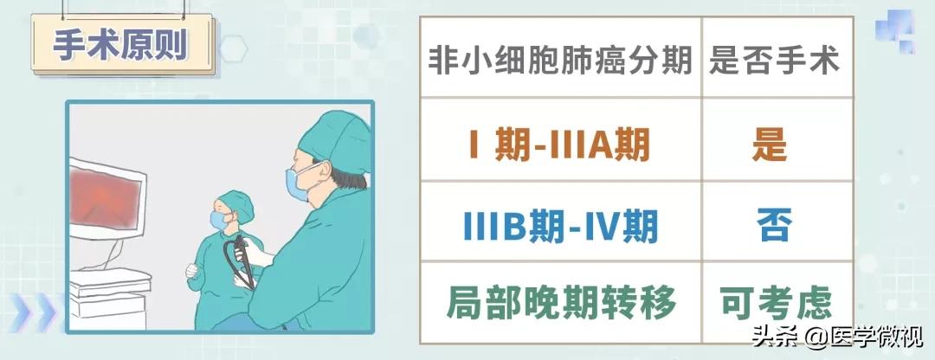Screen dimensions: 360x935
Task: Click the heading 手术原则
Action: (x=121, y=45)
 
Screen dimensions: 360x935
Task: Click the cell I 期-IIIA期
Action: (x=559, y=145)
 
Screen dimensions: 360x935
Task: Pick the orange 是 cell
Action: (x=770, y=145)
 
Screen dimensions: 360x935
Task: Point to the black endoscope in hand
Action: (x=241, y=260)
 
